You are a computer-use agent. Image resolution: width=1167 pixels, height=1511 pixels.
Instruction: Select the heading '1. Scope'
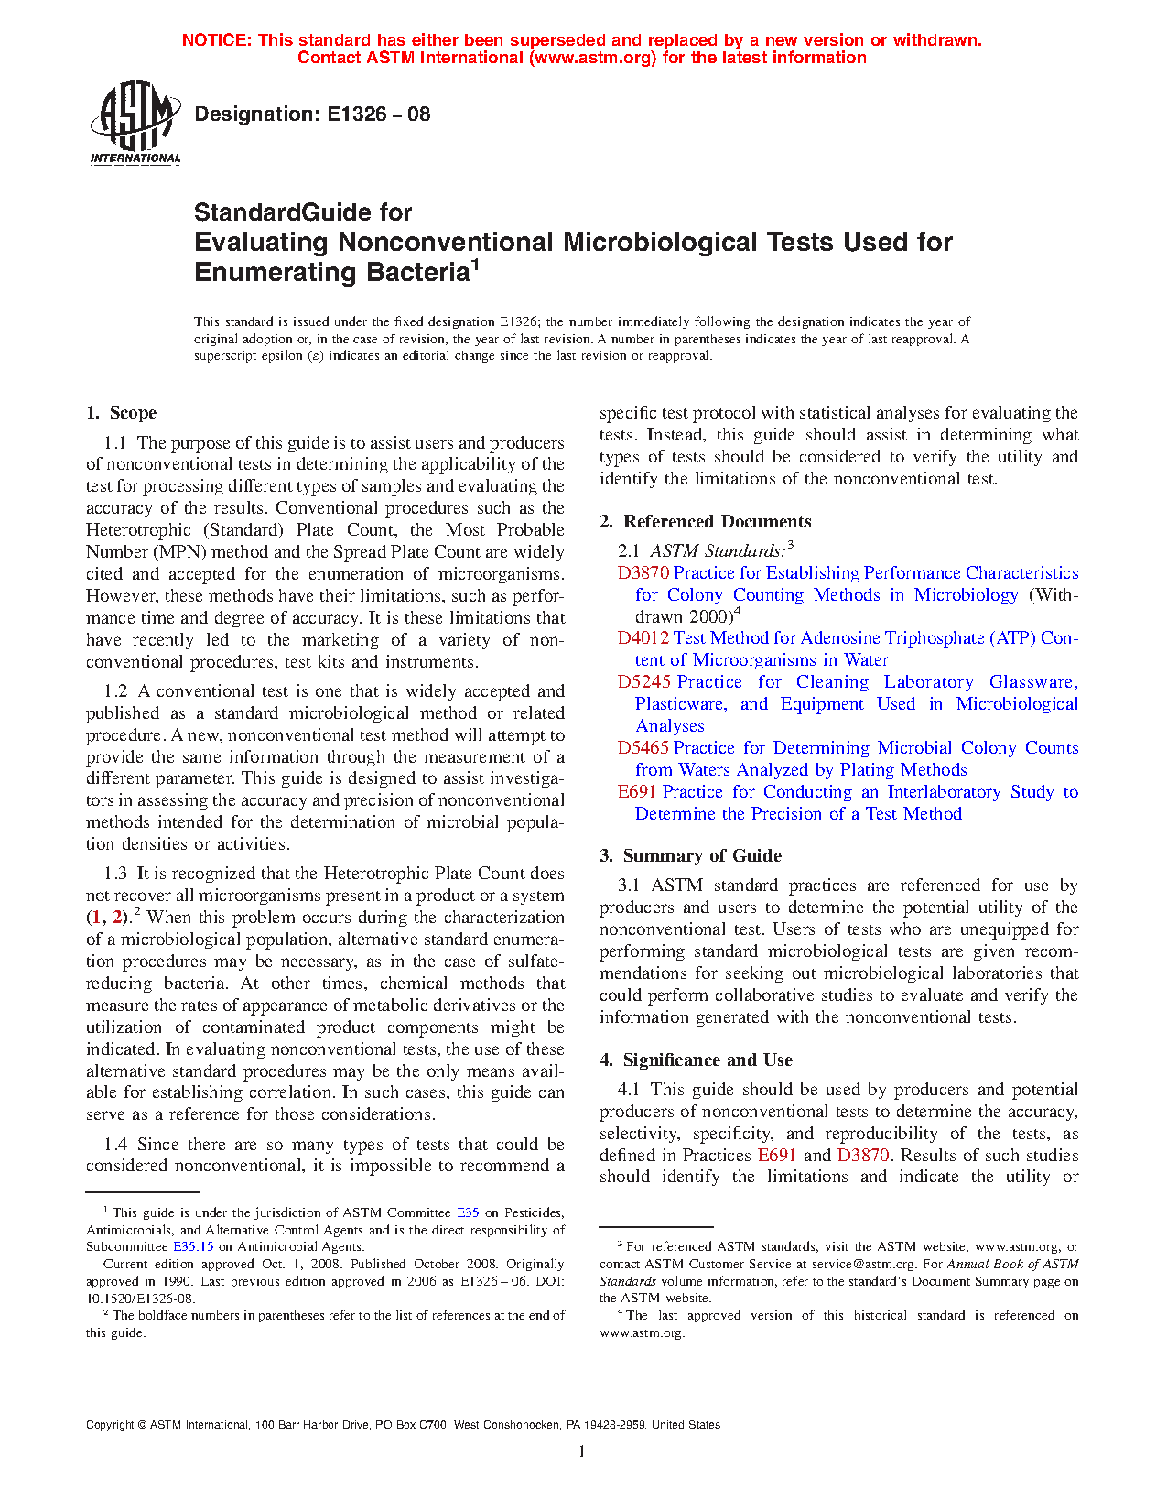pyautogui.click(x=122, y=413)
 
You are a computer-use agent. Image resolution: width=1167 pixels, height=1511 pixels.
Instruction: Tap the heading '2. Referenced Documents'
pyautogui.click(x=706, y=521)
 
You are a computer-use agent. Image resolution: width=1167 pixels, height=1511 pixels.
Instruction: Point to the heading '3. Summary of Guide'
pyautogui.click(x=691, y=856)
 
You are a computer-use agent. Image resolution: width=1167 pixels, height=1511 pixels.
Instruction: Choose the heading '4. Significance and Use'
pyautogui.click(x=697, y=1060)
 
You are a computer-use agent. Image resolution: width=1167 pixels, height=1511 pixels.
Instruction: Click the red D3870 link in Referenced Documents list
pyautogui.click(x=643, y=573)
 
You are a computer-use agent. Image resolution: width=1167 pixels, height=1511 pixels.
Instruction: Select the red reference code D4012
pyautogui.click(x=643, y=638)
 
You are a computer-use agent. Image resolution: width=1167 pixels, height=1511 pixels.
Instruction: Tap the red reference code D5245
pyautogui.click(x=643, y=682)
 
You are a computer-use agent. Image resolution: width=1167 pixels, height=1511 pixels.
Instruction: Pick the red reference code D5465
pyautogui.click(x=643, y=748)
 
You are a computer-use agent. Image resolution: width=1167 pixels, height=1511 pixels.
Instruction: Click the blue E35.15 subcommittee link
pyautogui.click(x=193, y=1246)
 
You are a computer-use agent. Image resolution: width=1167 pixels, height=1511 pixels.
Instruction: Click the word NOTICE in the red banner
pyautogui.click(x=216, y=40)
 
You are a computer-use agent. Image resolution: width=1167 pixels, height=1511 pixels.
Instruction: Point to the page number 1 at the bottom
pyautogui.click(x=582, y=1451)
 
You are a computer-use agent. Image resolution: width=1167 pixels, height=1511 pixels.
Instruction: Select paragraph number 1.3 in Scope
pyautogui.click(x=115, y=874)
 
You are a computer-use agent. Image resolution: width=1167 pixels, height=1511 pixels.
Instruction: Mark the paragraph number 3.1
pyautogui.click(x=629, y=886)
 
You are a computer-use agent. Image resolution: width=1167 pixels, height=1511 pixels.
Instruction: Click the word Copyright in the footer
pyautogui.click(x=110, y=1425)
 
